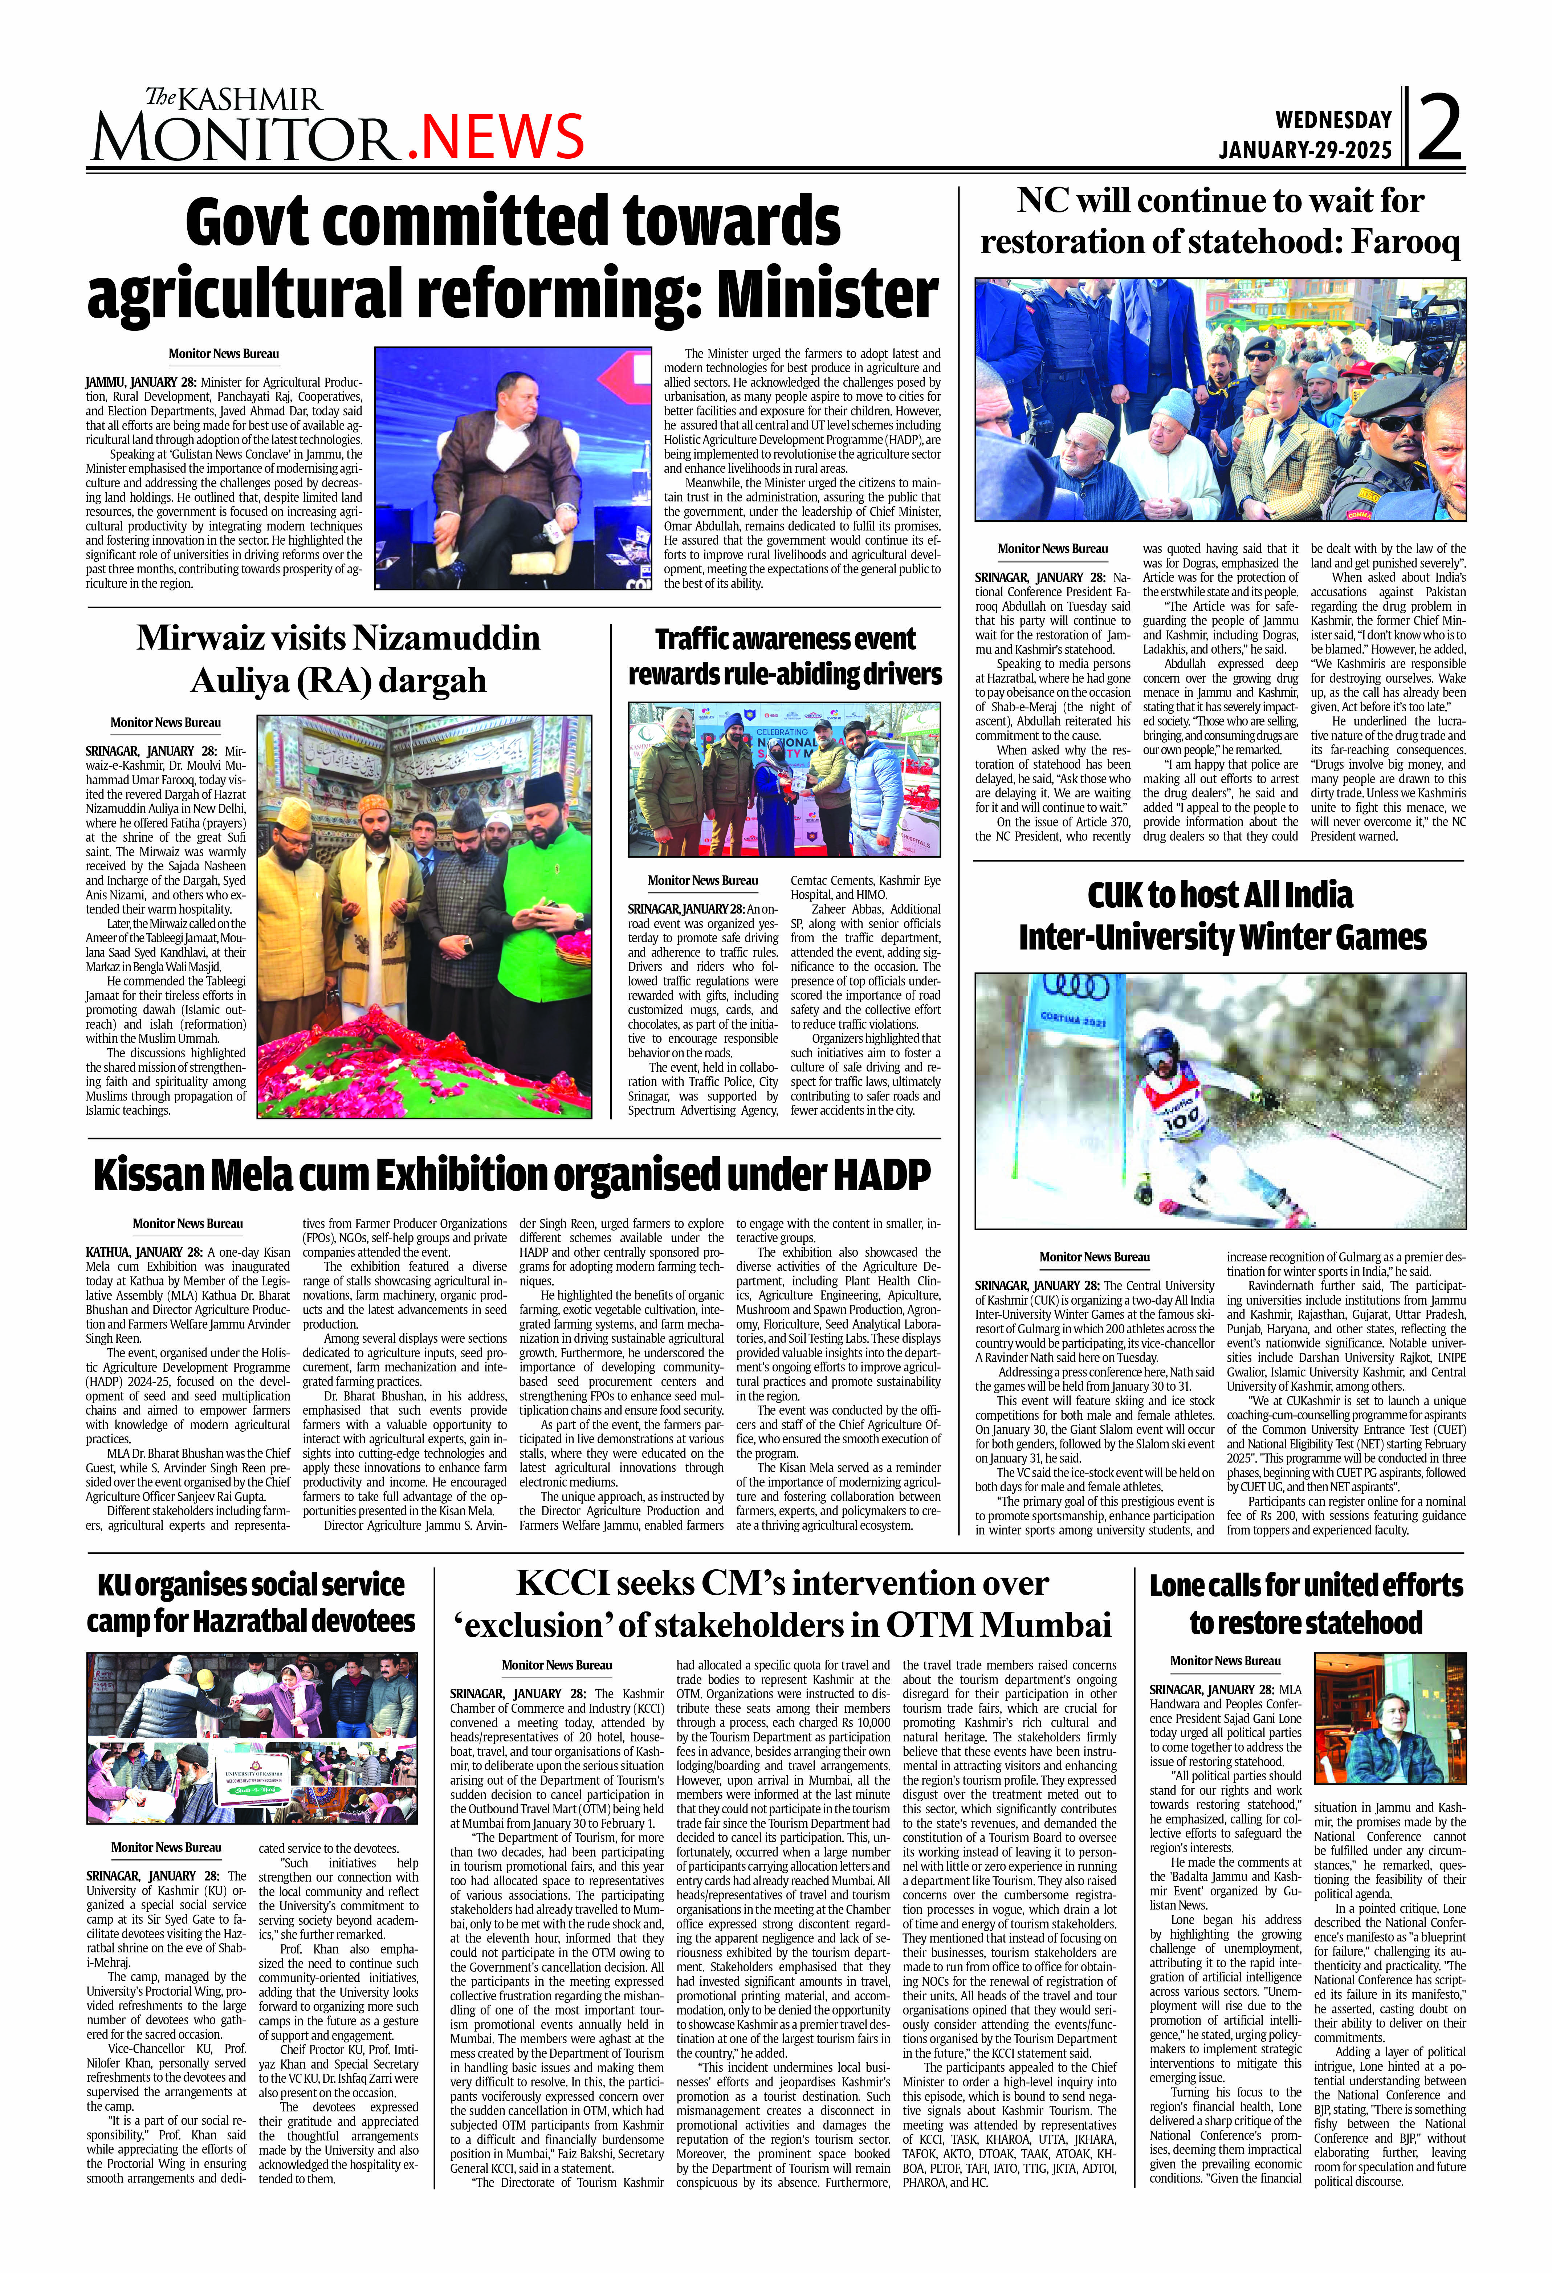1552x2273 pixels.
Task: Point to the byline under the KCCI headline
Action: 557,1665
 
